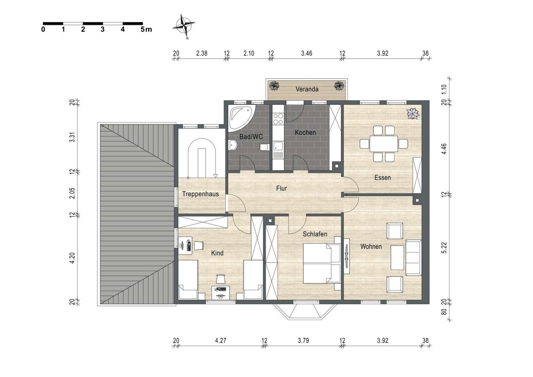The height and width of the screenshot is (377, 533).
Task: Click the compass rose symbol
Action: (184, 26)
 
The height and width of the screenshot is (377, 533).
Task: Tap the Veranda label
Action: (307, 89)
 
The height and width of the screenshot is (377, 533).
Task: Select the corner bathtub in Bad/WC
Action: (240, 118)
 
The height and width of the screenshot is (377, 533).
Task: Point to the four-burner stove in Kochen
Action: (278, 119)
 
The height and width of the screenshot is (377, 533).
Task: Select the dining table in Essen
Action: (384, 144)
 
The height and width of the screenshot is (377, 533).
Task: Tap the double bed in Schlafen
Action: (322, 263)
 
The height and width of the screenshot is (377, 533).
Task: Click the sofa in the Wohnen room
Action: (414, 258)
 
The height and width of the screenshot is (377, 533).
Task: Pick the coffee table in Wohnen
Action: (397, 258)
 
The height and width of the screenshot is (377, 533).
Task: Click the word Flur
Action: (281, 188)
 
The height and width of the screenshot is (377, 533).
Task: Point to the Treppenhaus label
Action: (200, 194)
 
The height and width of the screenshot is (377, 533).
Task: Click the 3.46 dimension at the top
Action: (307, 53)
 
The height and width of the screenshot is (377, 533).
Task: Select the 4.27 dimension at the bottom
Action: (220, 341)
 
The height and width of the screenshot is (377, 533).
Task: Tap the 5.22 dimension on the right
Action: (444, 248)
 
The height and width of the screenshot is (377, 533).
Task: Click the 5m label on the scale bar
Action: (146, 30)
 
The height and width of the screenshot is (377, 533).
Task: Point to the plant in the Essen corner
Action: (413, 113)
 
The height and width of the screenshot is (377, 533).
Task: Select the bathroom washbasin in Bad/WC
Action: (233, 145)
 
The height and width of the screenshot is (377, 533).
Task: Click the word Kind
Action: (217, 253)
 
